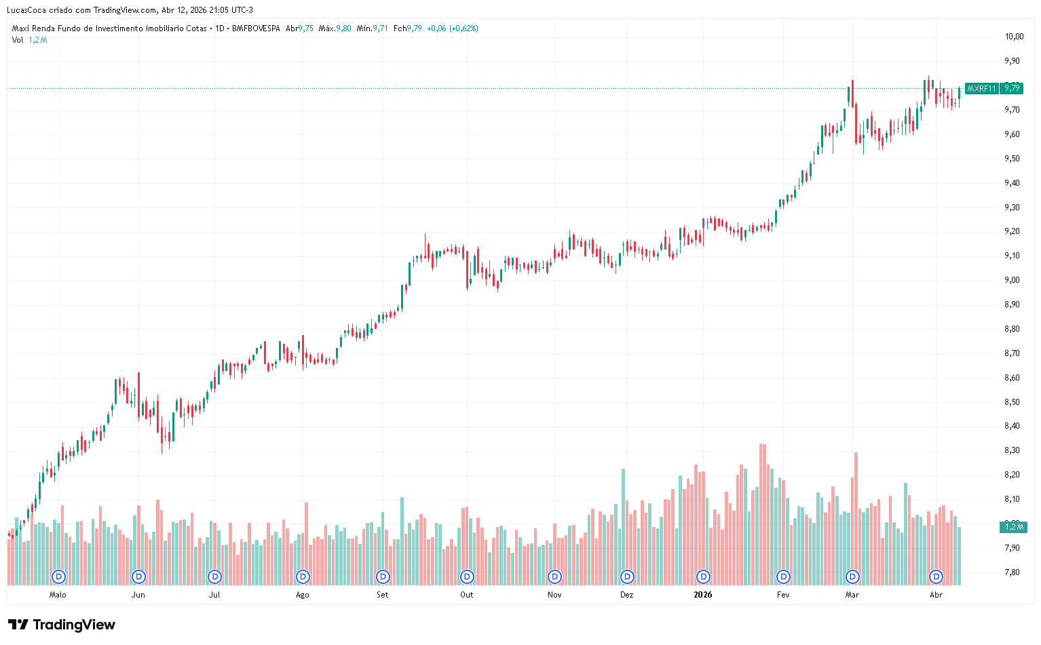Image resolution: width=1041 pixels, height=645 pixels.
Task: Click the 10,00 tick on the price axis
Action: (1013, 37)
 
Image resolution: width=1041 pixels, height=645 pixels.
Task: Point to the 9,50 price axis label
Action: (1012, 159)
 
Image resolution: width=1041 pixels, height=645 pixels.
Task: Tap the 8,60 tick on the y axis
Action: (1012, 378)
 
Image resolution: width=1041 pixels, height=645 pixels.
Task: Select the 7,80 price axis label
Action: (1012, 572)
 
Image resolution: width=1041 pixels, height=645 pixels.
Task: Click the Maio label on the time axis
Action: (58, 595)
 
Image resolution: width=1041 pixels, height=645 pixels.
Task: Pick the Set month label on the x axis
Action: (383, 595)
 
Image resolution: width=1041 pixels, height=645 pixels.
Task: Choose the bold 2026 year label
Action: (703, 595)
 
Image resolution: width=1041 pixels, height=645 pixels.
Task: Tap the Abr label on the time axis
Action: (936, 595)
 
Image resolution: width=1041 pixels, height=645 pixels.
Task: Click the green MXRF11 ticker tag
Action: (981, 89)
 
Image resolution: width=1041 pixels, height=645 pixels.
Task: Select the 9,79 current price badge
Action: (1012, 88)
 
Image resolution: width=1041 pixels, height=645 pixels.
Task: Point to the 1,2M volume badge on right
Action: (1013, 527)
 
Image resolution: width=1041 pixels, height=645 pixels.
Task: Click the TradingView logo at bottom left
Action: (62, 625)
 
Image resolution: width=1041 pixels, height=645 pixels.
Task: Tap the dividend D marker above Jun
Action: (138, 576)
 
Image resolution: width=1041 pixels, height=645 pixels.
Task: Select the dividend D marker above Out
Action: (467, 576)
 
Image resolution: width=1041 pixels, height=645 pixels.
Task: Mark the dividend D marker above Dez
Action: (627, 576)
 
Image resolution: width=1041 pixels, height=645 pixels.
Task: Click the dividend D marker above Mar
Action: (852, 576)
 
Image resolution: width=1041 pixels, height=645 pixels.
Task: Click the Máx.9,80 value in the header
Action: (335, 28)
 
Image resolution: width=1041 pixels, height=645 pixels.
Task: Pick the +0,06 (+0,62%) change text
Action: (452, 28)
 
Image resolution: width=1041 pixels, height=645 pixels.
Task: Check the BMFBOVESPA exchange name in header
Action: (256, 28)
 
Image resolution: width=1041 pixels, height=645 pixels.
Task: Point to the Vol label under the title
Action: (18, 40)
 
